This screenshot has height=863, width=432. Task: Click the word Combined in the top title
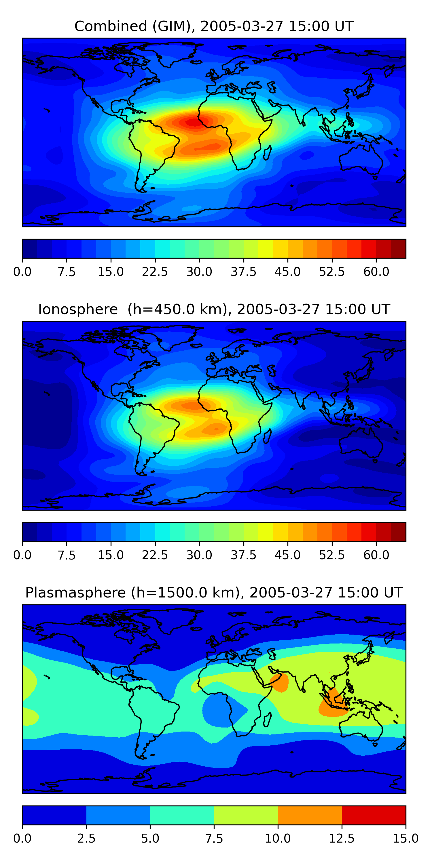coord(111,26)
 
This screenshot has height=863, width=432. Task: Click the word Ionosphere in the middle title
coord(78,309)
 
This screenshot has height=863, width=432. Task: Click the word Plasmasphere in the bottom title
coord(75,593)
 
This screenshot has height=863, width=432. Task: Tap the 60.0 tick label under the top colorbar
coord(376,272)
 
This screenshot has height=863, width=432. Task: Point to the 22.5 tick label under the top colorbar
coord(155,272)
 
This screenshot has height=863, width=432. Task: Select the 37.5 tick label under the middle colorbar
coord(243,555)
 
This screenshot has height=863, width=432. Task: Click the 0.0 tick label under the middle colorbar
coord(22,555)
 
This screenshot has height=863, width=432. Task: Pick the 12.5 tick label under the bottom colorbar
coord(342,839)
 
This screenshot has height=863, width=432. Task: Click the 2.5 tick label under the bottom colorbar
coord(86,839)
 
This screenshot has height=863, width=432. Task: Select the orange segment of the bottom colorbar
coord(310,815)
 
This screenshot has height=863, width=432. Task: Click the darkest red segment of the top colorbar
coord(399,249)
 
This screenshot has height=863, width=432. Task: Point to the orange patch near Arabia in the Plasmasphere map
coord(279,682)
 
